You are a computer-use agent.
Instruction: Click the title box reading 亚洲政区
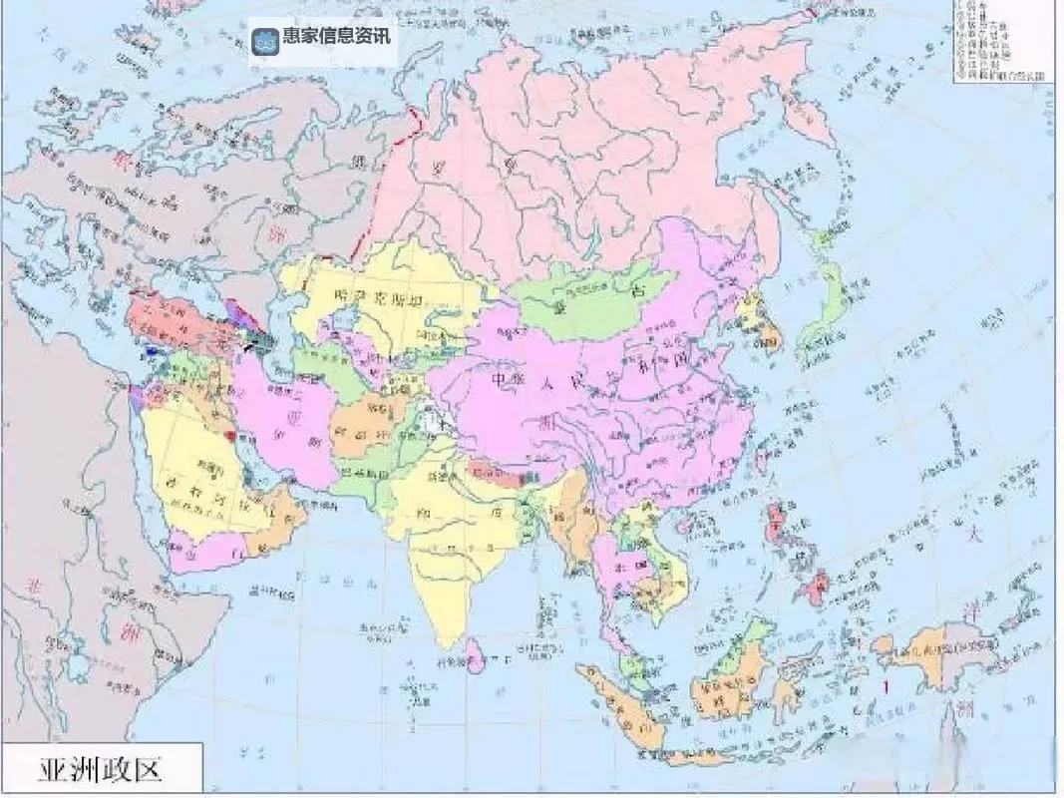click(x=101, y=769)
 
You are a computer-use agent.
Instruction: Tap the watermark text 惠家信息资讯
click(x=338, y=37)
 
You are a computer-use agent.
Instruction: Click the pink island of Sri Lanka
click(x=476, y=654)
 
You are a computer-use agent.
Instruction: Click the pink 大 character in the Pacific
click(x=975, y=530)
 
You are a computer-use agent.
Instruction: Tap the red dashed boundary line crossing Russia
click(x=391, y=190)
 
